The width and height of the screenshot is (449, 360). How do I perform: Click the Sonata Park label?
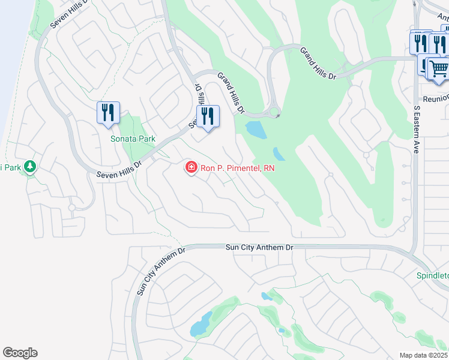point(133,139)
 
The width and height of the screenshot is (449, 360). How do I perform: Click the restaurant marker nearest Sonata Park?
point(108,113)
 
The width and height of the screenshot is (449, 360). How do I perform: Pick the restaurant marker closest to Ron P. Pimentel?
point(208,117)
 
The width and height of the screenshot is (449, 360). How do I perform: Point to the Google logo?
point(20,352)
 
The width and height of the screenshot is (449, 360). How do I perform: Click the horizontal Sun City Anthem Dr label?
point(259,247)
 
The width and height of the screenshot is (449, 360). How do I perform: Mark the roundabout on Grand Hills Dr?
point(275,111)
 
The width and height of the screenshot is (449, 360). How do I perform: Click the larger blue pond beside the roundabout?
point(256,129)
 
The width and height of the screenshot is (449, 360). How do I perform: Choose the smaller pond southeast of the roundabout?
point(279,154)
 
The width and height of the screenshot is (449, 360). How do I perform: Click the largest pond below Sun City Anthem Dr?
point(200,325)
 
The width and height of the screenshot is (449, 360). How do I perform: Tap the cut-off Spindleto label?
point(433,276)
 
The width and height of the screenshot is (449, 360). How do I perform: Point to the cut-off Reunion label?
point(436,98)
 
